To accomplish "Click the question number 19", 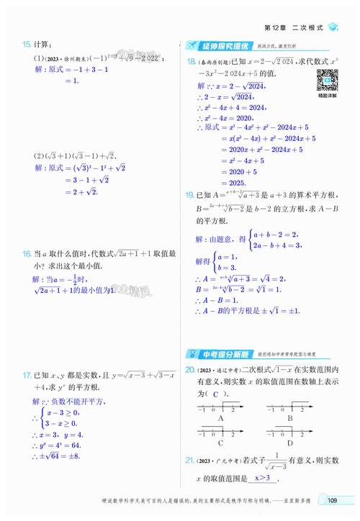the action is pos(191,195).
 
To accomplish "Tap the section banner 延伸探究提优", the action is pos(221,45).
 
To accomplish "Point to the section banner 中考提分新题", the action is pos(221,354).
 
